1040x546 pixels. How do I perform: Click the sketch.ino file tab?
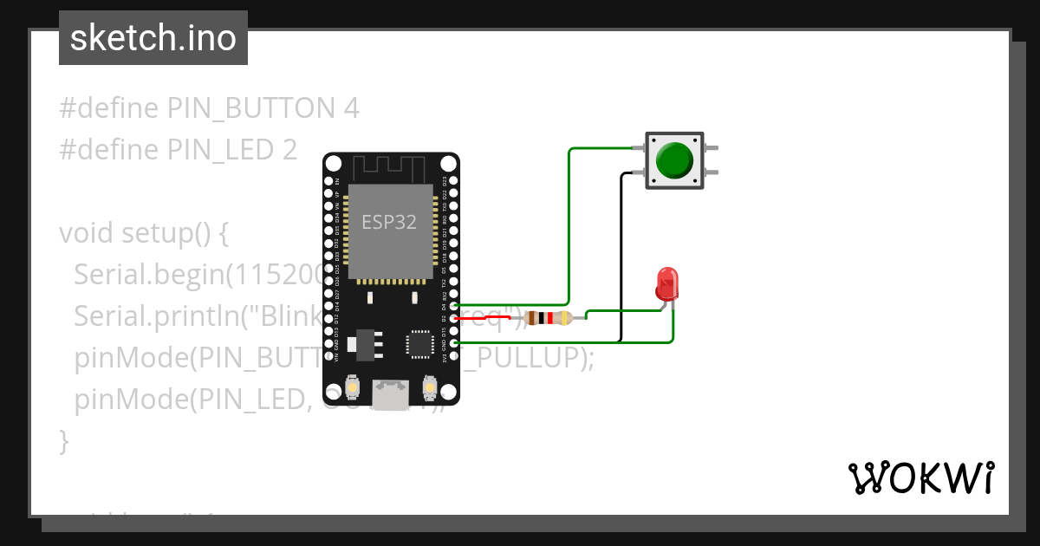pos(153,38)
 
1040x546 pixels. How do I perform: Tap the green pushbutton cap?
pos(674,160)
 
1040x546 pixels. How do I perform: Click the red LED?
pos(667,284)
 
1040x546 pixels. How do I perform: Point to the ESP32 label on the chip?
pos(389,222)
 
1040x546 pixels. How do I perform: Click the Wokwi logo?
pos(920,478)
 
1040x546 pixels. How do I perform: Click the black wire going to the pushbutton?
pos(621,260)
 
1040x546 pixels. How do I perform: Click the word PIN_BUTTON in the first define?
pos(250,108)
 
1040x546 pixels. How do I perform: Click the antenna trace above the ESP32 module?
pos(390,166)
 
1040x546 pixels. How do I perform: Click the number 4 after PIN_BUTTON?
pos(350,108)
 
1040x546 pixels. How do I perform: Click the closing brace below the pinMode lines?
pos(63,441)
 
